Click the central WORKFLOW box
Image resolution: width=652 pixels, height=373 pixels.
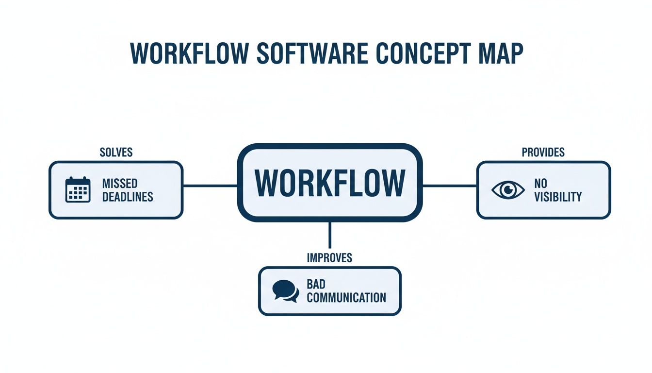[x=329, y=183]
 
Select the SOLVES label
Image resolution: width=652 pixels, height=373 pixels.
[x=116, y=153]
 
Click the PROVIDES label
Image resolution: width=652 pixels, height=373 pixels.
[x=543, y=153]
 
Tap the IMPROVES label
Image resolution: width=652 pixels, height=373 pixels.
[x=329, y=258]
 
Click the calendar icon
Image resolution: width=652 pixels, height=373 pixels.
[x=78, y=190]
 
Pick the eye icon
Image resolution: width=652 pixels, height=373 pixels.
[x=508, y=190]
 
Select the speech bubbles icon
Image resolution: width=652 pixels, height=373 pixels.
[x=285, y=291]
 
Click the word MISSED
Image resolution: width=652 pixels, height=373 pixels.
[x=120, y=184]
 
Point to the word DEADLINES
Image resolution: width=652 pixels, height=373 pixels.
[x=128, y=197]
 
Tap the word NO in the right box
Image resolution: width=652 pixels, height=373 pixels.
[x=540, y=184]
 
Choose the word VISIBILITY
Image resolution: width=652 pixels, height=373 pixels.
[x=557, y=197]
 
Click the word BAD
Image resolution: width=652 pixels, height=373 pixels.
[x=316, y=284]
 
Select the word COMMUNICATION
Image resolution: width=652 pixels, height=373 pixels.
[x=346, y=297]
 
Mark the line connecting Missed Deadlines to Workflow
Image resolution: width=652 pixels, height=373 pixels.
[x=210, y=186]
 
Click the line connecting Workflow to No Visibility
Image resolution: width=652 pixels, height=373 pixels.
[x=449, y=186]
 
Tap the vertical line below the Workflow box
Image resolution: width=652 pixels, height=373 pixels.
[x=330, y=235]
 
